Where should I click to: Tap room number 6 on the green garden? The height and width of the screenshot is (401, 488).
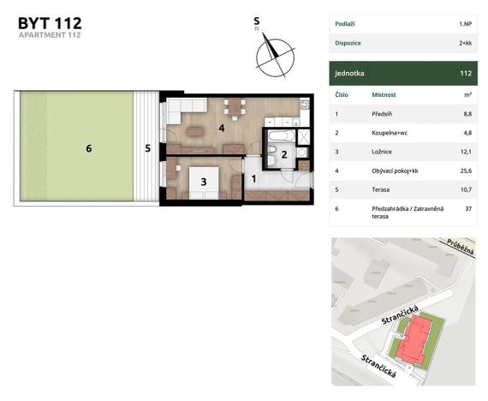tap(88, 148)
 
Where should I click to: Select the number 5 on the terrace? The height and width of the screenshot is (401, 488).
tap(147, 148)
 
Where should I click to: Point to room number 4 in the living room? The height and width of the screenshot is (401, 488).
tap(221, 129)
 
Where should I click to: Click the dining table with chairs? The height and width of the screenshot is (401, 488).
tap(233, 107)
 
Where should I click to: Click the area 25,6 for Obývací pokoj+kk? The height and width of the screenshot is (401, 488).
tap(466, 171)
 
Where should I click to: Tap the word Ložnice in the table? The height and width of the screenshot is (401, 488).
tap(384, 152)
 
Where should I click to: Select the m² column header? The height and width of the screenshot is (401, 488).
tap(467, 94)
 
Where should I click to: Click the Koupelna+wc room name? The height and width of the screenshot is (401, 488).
tap(394, 133)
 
